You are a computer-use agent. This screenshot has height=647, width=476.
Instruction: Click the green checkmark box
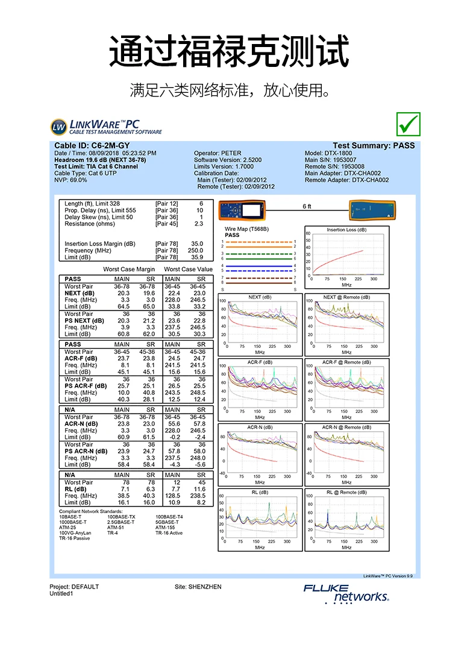408,124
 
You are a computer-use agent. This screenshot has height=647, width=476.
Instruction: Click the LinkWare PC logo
106,127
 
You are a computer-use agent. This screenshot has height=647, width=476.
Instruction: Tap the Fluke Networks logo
346,593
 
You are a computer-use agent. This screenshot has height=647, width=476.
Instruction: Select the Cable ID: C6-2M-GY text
92,146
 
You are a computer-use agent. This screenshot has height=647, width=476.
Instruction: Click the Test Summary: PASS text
374,146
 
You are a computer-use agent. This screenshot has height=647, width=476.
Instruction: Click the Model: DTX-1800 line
328,154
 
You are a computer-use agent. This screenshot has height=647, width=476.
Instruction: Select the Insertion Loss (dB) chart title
346,230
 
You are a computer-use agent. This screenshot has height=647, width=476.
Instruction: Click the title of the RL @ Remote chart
346,492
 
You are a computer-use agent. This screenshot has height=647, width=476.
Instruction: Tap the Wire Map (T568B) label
246,230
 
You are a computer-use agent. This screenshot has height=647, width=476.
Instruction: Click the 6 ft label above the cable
307,207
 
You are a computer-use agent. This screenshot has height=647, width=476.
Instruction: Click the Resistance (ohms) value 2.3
199,224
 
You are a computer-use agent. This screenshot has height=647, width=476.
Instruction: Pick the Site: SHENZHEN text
198,587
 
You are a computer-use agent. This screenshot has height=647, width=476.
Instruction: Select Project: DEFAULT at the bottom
74,587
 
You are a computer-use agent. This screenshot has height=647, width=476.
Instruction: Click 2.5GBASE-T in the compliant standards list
121,522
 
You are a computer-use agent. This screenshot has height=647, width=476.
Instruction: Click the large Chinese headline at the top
230,51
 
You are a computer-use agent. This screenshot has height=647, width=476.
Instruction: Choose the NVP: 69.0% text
70,180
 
